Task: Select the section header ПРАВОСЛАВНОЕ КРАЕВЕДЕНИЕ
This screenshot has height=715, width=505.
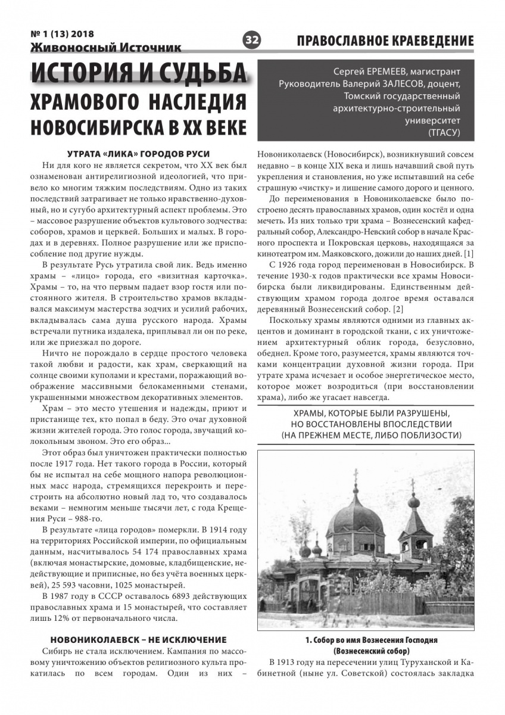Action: click(x=385, y=41)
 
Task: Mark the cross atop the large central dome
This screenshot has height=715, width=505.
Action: click(x=357, y=477)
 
